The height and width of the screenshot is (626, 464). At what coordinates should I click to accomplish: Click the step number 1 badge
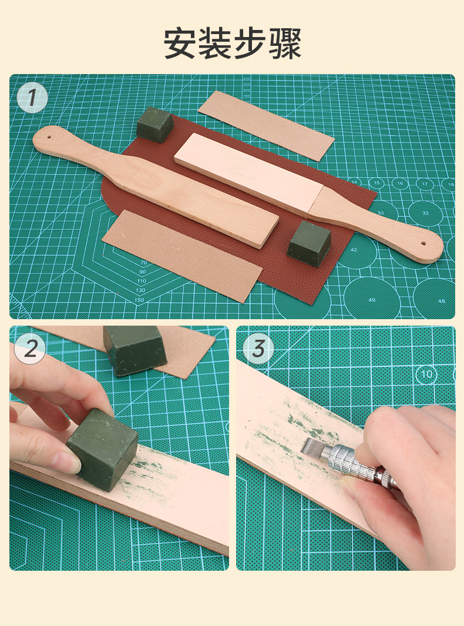point(32,98)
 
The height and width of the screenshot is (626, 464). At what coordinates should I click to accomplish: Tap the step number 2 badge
point(30,349)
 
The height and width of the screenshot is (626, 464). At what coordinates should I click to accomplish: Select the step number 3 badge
point(258,349)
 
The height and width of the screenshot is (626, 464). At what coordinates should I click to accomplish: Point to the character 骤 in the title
point(285,43)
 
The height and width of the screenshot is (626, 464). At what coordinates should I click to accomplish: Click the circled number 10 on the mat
point(426,374)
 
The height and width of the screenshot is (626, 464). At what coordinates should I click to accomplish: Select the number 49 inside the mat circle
point(372,300)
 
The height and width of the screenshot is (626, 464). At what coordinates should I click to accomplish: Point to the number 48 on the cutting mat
point(441,301)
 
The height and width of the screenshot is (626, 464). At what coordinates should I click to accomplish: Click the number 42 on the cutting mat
point(354,250)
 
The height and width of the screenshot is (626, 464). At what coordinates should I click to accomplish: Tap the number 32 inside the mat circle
point(425,213)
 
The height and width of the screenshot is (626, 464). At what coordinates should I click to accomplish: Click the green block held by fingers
point(103,449)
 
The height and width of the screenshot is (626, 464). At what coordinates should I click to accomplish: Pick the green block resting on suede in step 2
point(135,349)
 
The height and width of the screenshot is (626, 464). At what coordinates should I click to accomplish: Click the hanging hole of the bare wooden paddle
point(49,137)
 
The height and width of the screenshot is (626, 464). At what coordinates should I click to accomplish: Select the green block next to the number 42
point(309,243)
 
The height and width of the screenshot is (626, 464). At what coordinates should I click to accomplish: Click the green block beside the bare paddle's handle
point(155,125)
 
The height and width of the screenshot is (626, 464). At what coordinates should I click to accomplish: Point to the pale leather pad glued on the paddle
point(249,172)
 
